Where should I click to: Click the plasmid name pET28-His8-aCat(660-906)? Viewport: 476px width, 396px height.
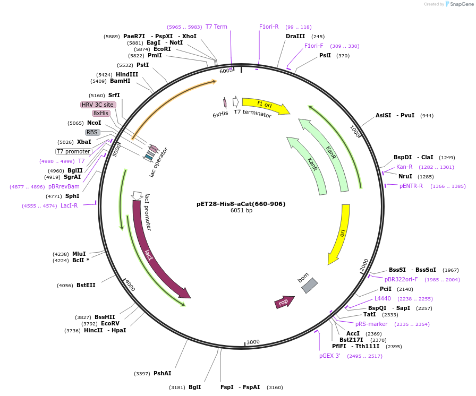pos(241,204)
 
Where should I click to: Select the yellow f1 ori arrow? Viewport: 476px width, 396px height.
pos(266,105)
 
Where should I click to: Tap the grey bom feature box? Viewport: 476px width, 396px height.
pos(309,286)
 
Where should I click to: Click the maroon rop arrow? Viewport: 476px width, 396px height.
pos(284,302)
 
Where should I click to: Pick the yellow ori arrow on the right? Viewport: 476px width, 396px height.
pos(339,234)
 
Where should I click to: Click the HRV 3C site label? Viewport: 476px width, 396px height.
pos(98,105)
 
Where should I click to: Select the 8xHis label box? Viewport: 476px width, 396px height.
pos(101,113)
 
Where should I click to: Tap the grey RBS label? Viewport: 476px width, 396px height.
pos(92,132)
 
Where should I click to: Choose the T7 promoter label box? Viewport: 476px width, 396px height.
pos(74,151)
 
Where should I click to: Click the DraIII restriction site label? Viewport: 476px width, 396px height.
pos(295,36)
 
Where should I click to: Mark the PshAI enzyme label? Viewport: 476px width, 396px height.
pos(162,373)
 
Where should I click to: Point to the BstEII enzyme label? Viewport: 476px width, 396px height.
pos(86,285)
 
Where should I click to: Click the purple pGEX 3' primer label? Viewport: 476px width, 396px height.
pos(330,356)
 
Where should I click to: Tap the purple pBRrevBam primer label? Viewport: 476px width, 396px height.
pos(64,186)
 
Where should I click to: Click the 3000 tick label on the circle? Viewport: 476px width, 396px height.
pos(253,342)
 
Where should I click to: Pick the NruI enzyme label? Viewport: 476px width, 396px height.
pos(405,176)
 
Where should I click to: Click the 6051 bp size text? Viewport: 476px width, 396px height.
pos(241,211)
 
